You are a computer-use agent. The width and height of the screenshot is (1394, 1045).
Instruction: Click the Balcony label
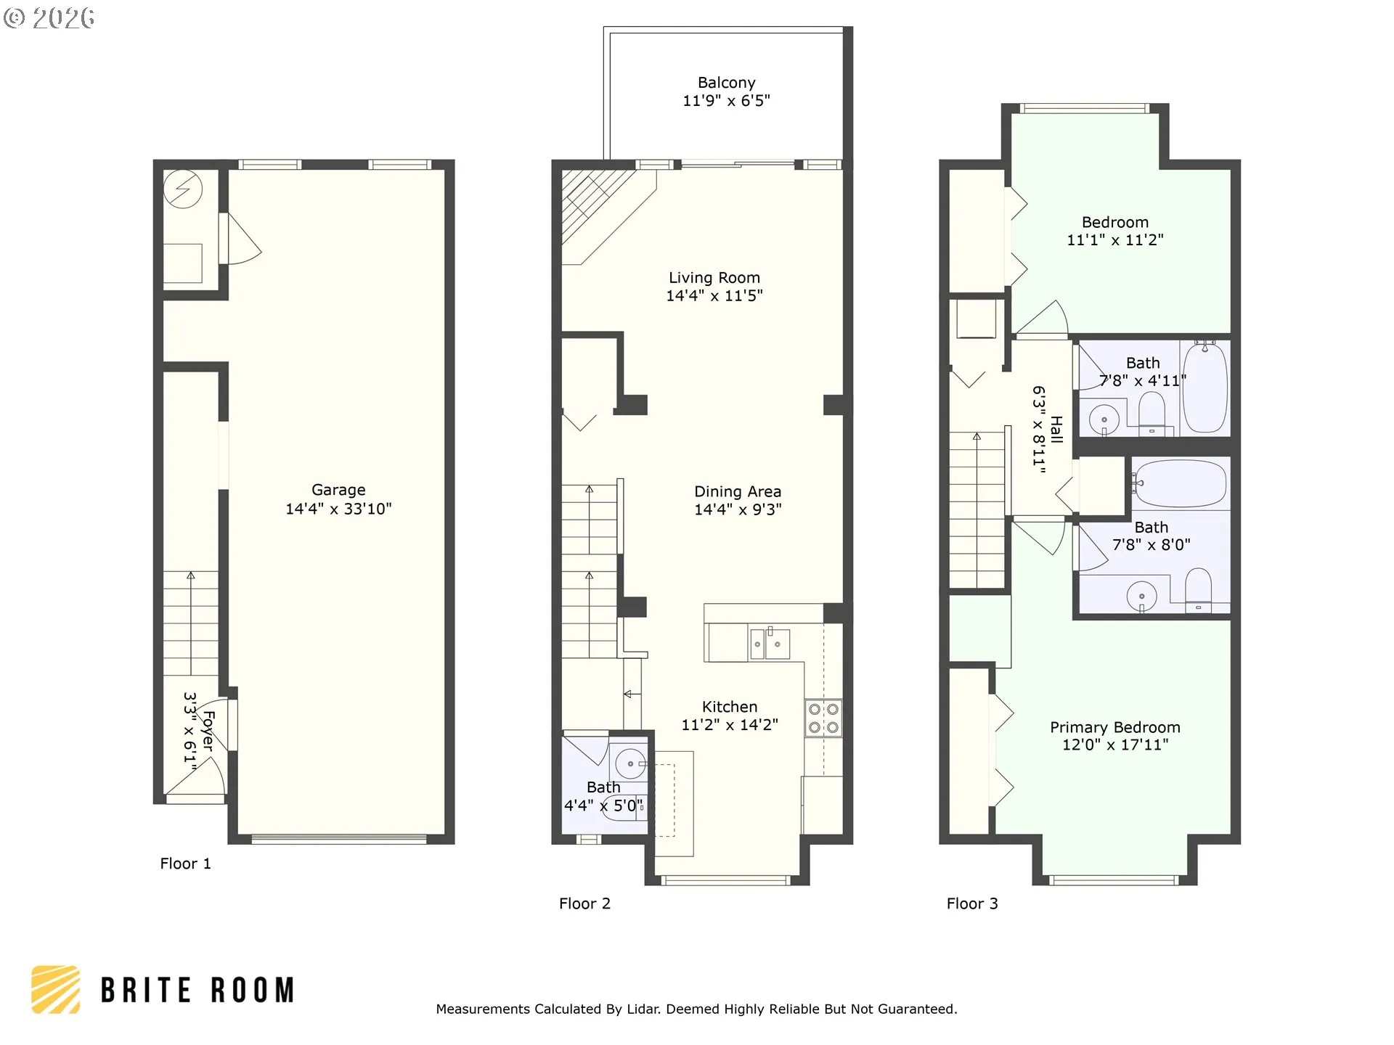(726, 83)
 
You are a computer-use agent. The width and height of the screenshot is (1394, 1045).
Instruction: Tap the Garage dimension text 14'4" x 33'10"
(338, 509)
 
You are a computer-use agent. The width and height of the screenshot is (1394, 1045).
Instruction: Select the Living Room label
(714, 278)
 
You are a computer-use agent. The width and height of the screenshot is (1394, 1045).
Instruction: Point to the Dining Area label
(738, 492)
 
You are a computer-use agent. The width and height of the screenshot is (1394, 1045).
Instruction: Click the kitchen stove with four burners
(823, 718)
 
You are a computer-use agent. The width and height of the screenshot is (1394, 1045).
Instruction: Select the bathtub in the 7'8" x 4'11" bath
(1205, 388)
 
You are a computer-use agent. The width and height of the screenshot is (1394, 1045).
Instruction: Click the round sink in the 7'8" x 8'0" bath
(1142, 597)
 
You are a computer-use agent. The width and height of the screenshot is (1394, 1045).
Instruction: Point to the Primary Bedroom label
(1115, 727)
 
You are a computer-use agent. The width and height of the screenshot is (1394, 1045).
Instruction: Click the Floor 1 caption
(185, 864)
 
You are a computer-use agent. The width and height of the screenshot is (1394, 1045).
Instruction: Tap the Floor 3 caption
(972, 903)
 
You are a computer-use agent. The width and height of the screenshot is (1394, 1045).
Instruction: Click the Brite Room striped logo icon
(55, 989)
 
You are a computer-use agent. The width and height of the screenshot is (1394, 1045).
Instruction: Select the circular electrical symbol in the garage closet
(182, 190)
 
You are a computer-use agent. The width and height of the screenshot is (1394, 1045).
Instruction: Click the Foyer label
(208, 731)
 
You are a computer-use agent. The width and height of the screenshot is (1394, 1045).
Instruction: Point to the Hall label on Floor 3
(1056, 430)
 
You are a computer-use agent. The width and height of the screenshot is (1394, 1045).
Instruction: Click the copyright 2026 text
(49, 18)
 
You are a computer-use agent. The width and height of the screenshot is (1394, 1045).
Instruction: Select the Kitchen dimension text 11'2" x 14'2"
(730, 724)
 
